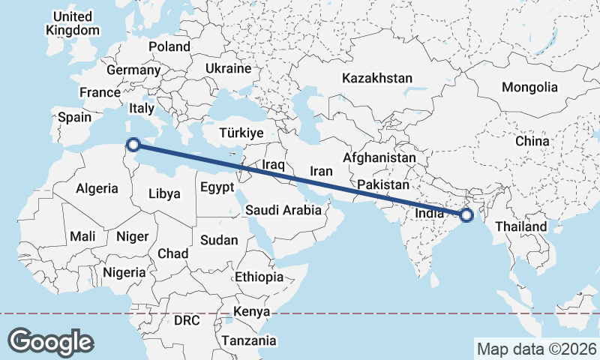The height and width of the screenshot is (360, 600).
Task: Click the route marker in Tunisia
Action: click(133, 145)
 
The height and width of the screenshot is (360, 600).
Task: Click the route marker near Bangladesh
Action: click(466, 215)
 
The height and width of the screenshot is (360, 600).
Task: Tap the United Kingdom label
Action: click(73, 23)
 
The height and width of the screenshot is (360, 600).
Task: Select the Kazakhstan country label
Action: click(377, 78)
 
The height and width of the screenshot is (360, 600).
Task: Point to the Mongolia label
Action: click(530, 87)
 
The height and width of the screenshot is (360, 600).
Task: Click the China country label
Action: click(532, 141)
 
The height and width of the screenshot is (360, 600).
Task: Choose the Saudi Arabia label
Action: click(283, 211)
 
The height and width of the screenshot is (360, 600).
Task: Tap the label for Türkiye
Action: click(241, 133)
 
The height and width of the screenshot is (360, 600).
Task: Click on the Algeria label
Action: click(97, 188)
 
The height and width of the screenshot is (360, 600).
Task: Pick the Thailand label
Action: click(520, 226)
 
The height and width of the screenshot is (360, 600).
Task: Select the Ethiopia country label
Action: click(259, 277)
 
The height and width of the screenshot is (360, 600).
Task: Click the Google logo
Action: click(50, 341)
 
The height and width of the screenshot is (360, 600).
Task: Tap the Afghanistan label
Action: click(379, 158)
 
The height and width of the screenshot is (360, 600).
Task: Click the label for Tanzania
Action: click(249, 340)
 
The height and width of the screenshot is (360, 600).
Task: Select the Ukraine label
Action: click(228, 68)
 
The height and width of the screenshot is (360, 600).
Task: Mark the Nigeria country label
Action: click(124, 272)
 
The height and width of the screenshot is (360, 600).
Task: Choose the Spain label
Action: click(74, 117)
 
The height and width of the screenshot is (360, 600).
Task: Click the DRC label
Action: click(187, 320)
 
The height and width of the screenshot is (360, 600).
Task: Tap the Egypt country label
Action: click(218, 188)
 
